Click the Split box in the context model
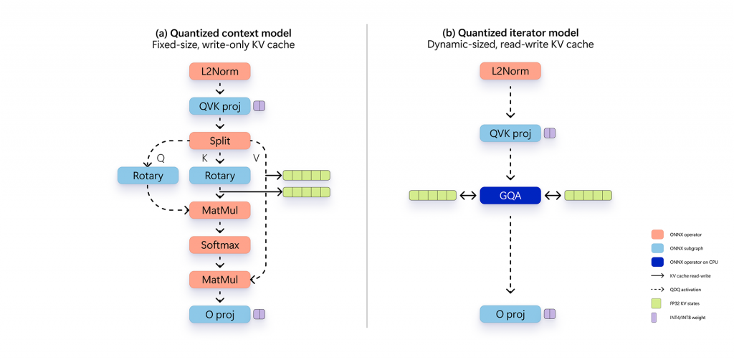point(219,141)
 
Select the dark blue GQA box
point(509,195)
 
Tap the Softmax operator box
point(219,245)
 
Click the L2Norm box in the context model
point(219,71)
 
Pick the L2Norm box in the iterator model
point(509,71)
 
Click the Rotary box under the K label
point(219,175)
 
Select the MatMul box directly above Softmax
point(219,210)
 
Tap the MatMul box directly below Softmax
point(219,279)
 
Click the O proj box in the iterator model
point(509,313)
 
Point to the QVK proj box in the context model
point(219,106)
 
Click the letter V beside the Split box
point(257,157)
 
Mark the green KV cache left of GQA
point(432,195)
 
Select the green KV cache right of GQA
point(588,195)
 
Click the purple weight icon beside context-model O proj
point(259,313)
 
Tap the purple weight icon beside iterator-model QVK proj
point(550,133)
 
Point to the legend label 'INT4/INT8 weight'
point(686,316)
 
